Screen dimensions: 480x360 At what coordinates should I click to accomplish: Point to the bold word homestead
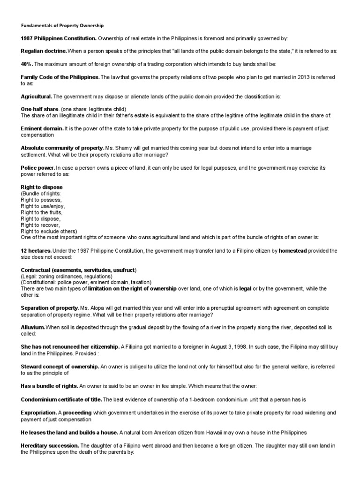(x=292, y=251)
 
